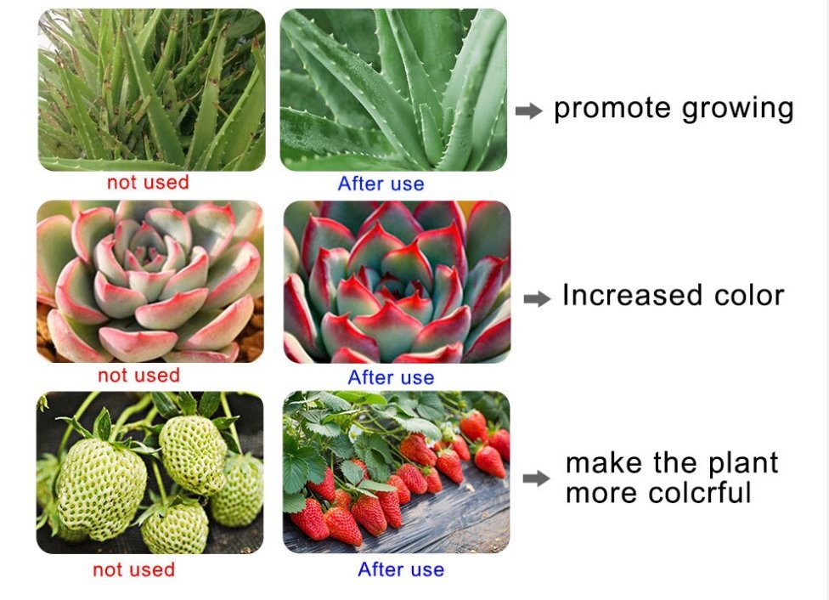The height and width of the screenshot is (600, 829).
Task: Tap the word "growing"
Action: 738,110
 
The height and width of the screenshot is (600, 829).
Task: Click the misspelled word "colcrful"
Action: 700,493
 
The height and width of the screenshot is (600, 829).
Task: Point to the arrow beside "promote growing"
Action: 528,110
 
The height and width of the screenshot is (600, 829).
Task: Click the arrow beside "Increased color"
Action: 537,298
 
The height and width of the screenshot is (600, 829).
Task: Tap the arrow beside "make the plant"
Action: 536,478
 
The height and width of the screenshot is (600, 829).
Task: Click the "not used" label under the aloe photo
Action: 148,183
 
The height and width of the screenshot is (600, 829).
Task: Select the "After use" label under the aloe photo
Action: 381,184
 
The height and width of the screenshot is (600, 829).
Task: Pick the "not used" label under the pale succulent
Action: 139,375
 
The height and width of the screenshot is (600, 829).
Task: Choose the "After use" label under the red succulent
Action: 392,377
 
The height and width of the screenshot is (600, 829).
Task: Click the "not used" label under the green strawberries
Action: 133,569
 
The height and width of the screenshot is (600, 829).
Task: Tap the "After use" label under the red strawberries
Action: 401,569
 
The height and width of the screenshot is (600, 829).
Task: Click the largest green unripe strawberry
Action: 102,488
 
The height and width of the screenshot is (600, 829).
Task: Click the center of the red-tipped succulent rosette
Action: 392,285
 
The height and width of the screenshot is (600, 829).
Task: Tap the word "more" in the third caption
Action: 603,494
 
